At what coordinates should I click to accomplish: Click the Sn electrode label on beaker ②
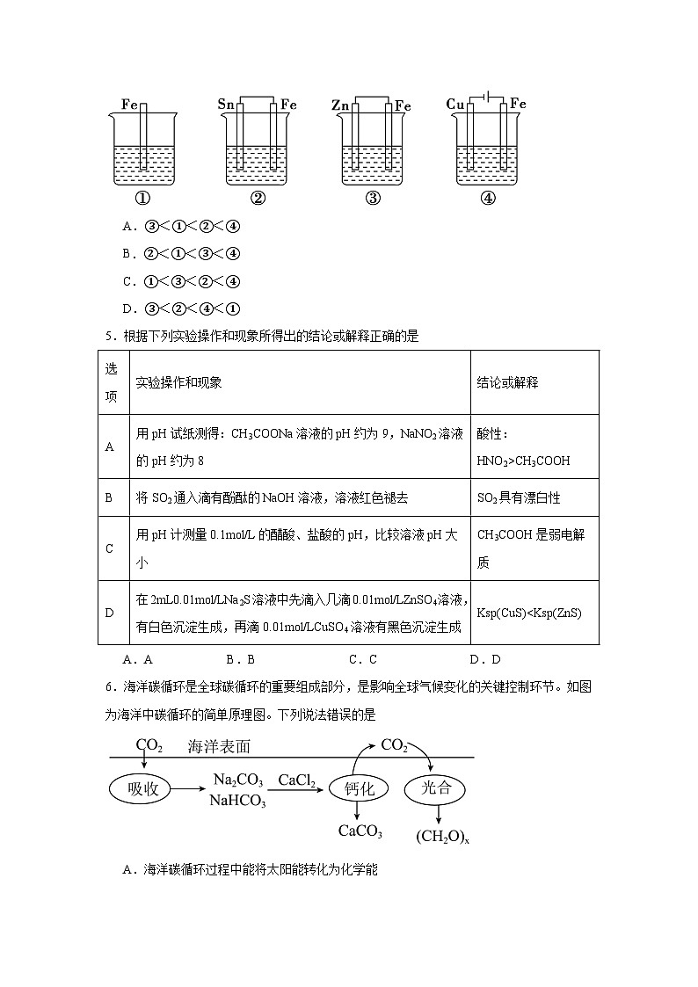[225, 105]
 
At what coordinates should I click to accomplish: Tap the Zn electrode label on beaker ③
[340, 105]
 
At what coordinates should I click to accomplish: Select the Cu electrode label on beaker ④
[455, 105]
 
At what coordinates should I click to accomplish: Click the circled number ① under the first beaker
[142, 198]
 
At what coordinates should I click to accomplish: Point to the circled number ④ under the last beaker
[488, 198]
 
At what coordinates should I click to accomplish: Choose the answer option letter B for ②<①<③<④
[127, 254]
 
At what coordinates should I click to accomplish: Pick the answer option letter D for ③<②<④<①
[127, 308]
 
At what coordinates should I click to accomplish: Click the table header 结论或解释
[507, 383]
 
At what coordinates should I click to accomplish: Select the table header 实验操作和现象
[179, 383]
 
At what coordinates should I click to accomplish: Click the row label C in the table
[110, 548]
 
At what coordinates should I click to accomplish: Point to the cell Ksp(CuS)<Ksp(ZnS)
[529, 613]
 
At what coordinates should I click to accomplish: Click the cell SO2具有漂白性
[519, 497]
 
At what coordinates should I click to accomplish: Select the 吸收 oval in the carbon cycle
[142, 789]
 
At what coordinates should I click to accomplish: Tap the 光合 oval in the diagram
[437, 788]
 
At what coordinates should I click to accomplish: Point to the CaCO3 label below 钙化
[360, 831]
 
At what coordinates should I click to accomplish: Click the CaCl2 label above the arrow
[297, 780]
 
